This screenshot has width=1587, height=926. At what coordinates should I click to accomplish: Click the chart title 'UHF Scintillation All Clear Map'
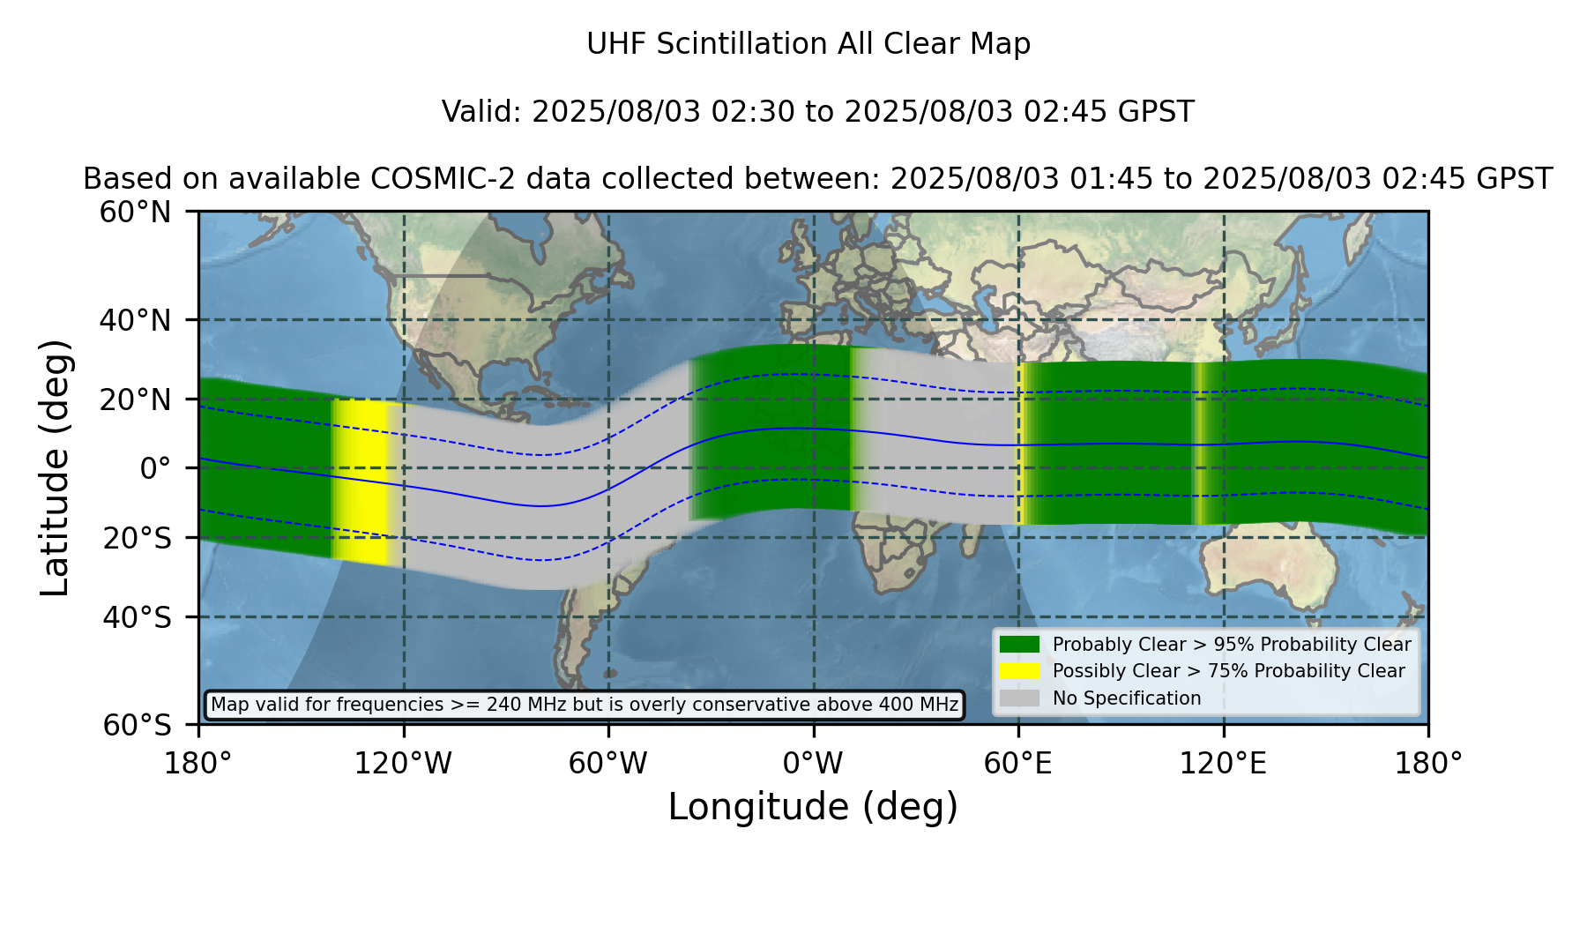tap(808, 44)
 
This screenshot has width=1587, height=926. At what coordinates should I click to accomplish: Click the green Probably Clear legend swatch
tap(1020, 645)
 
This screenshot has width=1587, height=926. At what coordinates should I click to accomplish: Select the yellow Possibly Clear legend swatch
tap(1020, 671)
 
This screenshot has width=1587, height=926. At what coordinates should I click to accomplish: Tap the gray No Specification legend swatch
tap(1020, 698)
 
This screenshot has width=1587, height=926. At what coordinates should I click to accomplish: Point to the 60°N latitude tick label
tap(135, 213)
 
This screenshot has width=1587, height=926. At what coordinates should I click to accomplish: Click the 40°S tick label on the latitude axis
tap(137, 617)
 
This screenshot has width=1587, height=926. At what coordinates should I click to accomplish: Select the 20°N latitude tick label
tap(135, 400)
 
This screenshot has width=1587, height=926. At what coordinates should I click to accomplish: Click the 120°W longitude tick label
tap(403, 764)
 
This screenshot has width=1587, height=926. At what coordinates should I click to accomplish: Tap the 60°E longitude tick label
tap(1018, 764)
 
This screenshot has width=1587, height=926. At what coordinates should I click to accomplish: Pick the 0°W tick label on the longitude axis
tap(814, 764)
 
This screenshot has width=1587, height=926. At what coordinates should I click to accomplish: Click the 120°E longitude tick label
tap(1223, 764)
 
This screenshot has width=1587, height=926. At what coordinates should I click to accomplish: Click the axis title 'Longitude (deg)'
tap(813, 807)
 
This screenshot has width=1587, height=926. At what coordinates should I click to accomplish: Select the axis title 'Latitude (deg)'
tap(56, 467)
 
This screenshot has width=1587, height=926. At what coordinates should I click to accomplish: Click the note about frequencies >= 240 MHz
tap(585, 705)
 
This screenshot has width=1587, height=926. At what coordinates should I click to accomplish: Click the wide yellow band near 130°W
tap(361, 481)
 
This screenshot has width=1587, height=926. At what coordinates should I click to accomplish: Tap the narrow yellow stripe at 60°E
tap(1020, 444)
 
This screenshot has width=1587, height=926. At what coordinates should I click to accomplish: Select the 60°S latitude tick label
tap(137, 725)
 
